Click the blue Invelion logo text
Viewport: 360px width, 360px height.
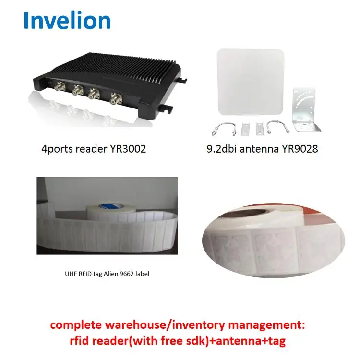[x=67, y=20]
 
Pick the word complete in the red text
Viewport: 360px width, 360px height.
[x=81, y=325]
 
